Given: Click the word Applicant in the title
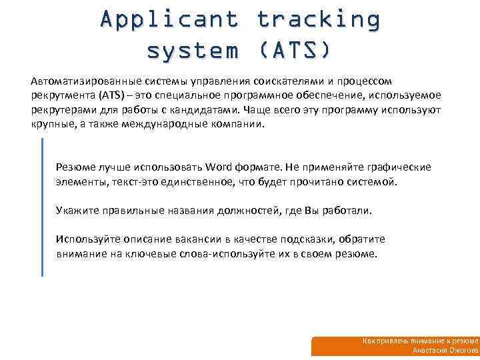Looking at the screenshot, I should (169, 19).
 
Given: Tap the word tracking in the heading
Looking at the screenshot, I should (318, 19).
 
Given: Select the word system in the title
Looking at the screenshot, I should (193, 50).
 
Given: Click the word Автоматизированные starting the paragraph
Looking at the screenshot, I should (77, 81).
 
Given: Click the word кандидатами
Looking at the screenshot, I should (208, 110).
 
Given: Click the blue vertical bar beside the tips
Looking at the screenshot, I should (42, 207).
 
